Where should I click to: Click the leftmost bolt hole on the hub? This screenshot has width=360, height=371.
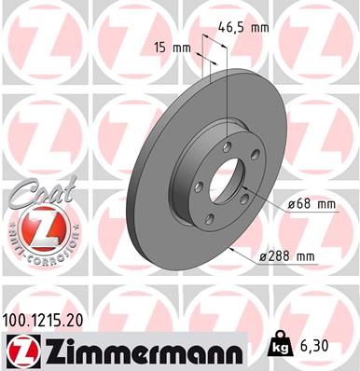pos(199,164)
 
